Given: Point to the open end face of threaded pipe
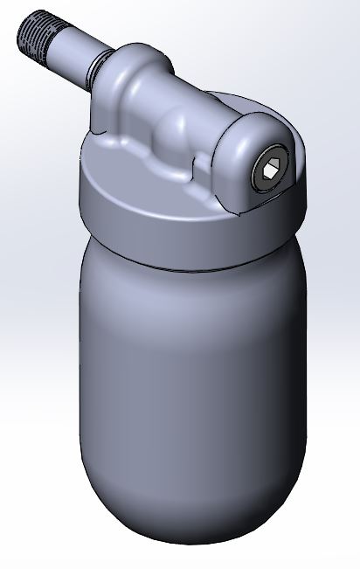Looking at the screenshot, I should tap(22, 31).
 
